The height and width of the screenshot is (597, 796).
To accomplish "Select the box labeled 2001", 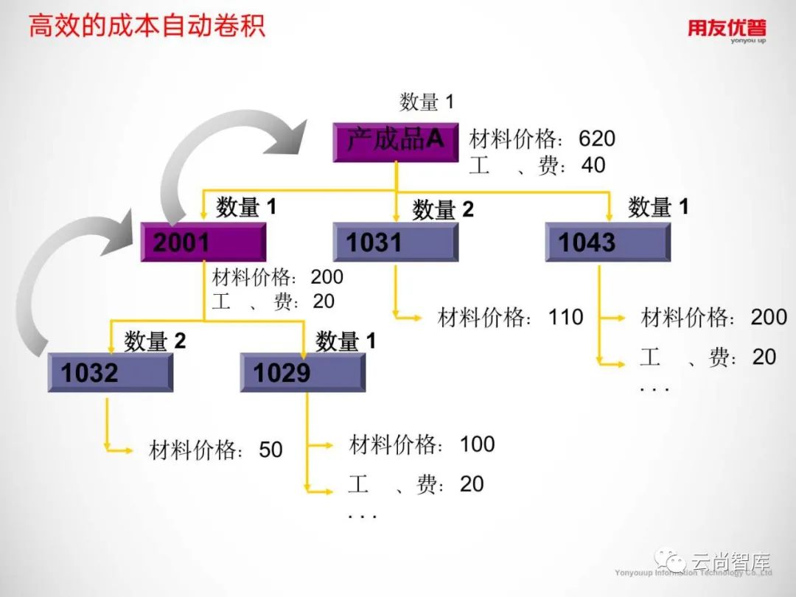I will [x=203, y=242].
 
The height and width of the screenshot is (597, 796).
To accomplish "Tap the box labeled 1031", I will [x=395, y=242].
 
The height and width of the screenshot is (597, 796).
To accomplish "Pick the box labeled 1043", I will [x=607, y=242].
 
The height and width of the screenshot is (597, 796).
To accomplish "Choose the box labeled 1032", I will [x=110, y=373].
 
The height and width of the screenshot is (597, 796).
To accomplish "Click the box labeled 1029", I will [x=302, y=373].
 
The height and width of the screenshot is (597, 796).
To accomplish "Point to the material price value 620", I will [x=596, y=139].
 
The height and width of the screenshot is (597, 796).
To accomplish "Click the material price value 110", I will [x=565, y=318].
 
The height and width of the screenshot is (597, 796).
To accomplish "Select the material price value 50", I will [x=270, y=450].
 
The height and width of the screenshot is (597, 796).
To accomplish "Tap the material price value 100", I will [x=477, y=444].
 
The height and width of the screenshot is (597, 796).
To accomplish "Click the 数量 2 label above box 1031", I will [x=442, y=210].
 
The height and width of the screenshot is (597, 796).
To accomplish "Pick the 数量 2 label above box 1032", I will [x=155, y=341].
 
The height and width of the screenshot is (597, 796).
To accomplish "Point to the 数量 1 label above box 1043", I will [x=657, y=207].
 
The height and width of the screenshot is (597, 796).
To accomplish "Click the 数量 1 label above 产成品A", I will [x=427, y=102].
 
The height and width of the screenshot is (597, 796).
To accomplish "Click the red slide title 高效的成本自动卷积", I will [x=147, y=27].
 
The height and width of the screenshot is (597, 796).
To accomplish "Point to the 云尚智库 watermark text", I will [x=729, y=564].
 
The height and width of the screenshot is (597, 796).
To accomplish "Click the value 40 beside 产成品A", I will [x=593, y=165].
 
